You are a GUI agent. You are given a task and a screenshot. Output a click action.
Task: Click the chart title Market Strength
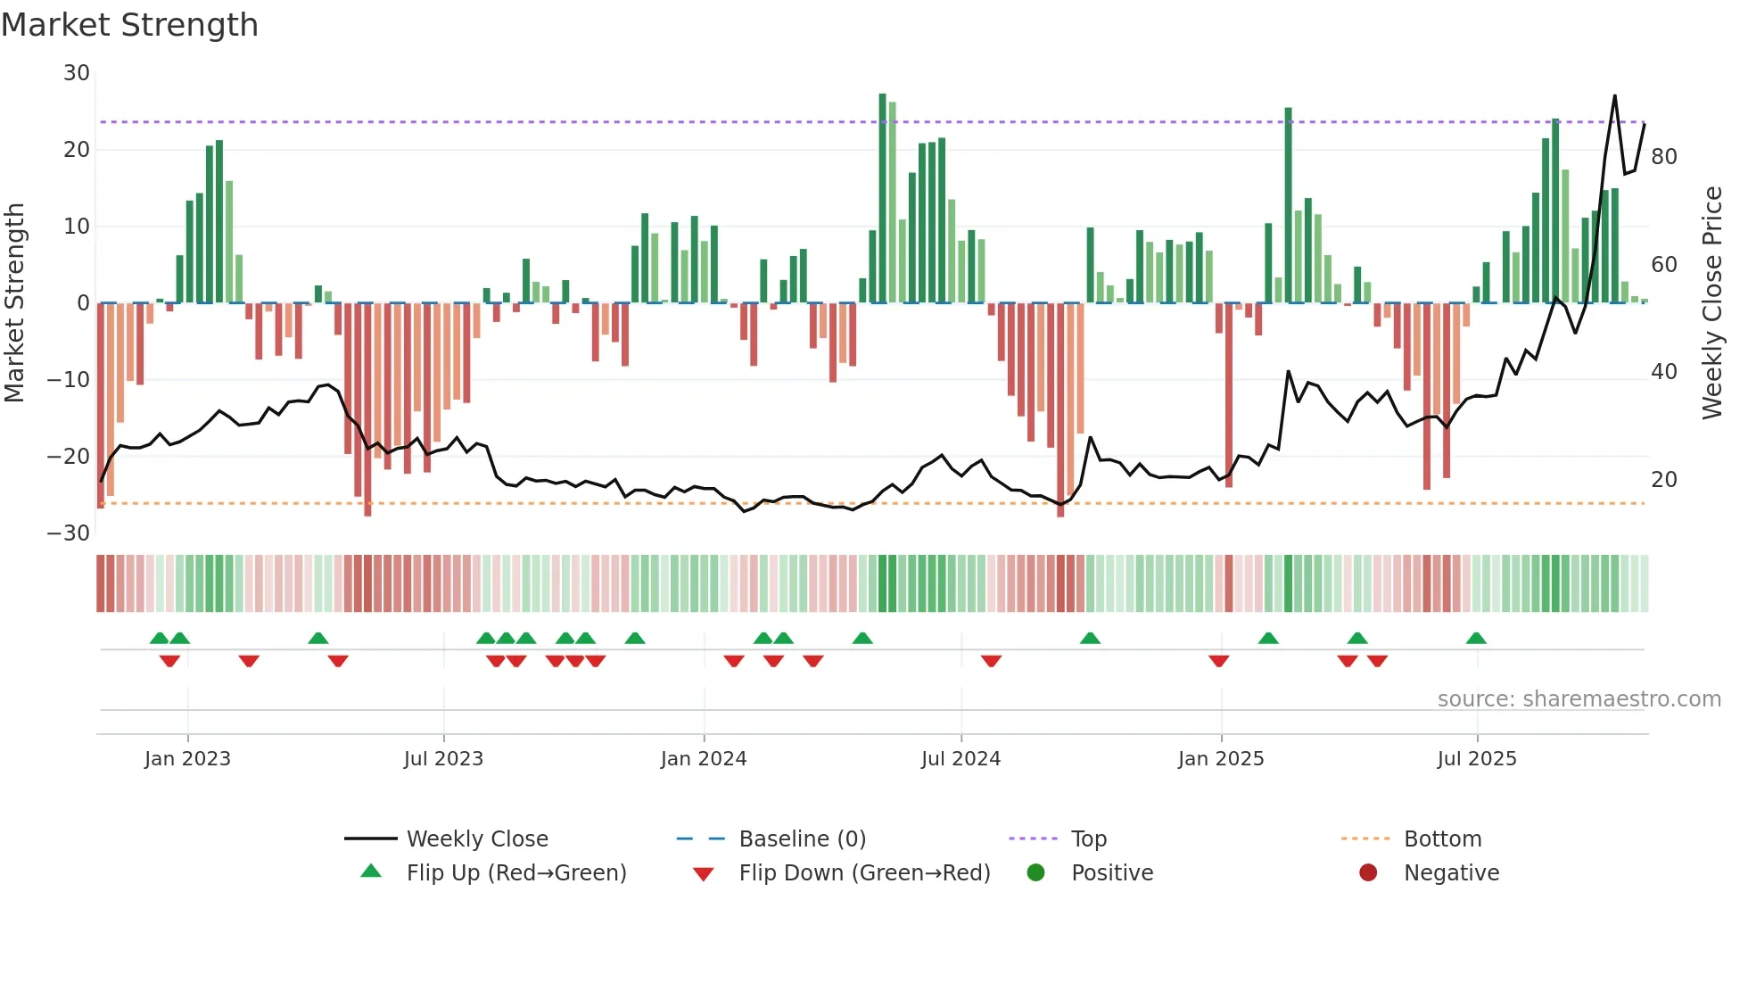tap(129, 25)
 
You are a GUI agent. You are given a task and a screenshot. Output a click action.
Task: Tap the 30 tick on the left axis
tap(77, 73)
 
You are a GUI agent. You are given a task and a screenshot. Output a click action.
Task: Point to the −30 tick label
tap(69, 533)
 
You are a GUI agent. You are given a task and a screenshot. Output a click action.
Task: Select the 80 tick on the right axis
tap(1664, 157)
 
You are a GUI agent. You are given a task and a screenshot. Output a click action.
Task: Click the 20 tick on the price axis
tap(1664, 480)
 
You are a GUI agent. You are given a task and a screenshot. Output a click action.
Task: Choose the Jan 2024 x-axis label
tap(704, 759)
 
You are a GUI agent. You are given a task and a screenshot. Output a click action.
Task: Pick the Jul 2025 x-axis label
tap(1477, 759)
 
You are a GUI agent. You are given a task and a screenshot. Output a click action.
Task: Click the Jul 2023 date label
tap(443, 759)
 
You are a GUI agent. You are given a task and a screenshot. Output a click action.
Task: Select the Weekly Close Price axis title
tap(1711, 303)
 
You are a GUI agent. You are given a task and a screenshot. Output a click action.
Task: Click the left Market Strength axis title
tap(15, 303)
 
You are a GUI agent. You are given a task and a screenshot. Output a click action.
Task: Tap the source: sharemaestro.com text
tap(1579, 699)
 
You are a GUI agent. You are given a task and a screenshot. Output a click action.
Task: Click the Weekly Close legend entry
tap(477, 839)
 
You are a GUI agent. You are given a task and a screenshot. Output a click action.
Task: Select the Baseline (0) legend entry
tap(803, 839)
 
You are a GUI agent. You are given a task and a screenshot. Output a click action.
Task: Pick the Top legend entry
tap(1089, 839)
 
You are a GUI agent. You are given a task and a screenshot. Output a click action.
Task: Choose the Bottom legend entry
tap(1442, 839)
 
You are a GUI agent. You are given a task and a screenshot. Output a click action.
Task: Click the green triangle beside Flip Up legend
tap(371, 871)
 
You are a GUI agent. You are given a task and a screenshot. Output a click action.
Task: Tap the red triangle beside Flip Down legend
tap(703, 874)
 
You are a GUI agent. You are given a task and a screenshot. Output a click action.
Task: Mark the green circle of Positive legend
tap(1035, 873)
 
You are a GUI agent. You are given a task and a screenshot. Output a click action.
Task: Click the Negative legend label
tap(1451, 873)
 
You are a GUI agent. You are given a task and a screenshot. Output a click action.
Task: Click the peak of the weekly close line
tap(1614, 95)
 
